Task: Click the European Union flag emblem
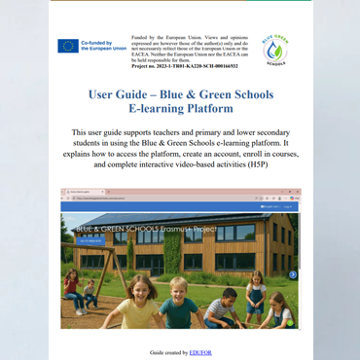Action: (x=68, y=46)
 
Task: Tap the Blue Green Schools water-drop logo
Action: (x=276, y=50)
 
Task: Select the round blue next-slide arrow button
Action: (x=293, y=274)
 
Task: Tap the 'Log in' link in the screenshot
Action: (x=288, y=206)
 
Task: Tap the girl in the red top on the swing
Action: (x=71, y=285)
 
